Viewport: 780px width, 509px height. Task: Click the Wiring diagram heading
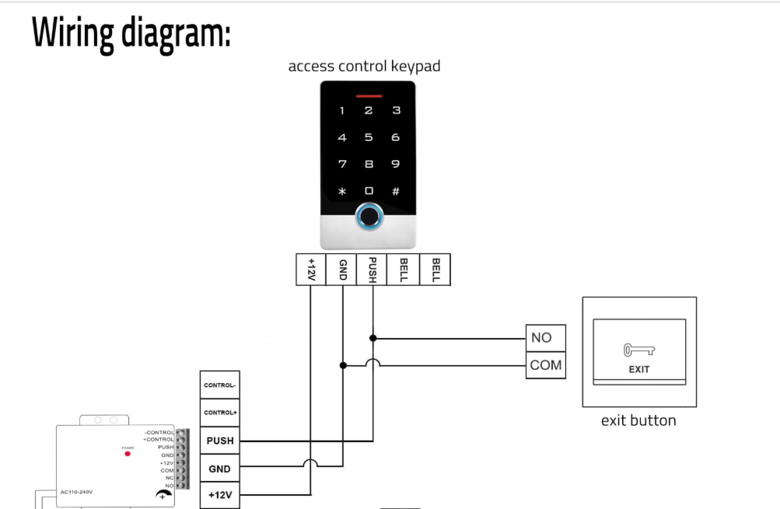click(131, 33)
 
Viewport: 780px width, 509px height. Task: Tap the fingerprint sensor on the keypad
click(369, 218)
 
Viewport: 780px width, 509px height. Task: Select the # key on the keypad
click(395, 190)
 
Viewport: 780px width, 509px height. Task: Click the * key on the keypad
click(342, 191)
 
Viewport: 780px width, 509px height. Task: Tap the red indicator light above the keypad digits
click(369, 97)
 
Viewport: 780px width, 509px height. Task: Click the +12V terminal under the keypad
click(311, 269)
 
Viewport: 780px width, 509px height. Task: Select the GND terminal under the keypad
click(341, 269)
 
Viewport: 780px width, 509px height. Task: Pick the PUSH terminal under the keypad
click(373, 269)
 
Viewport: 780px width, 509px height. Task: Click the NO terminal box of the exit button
click(545, 338)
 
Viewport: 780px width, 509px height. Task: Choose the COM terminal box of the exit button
click(545, 364)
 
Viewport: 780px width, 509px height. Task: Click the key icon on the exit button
click(638, 350)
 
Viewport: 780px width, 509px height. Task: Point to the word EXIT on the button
click(639, 369)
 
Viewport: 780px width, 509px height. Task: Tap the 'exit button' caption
click(638, 420)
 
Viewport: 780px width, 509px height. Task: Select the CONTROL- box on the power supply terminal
click(220, 385)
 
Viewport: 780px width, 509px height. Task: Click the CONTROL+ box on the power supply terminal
click(220, 413)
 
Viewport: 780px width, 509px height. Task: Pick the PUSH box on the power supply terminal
click(220, 441)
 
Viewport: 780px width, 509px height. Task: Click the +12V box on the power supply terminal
click(220, 495)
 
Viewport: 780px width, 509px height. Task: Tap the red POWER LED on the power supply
click(128, 454)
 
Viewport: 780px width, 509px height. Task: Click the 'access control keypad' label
click(364, 66)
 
